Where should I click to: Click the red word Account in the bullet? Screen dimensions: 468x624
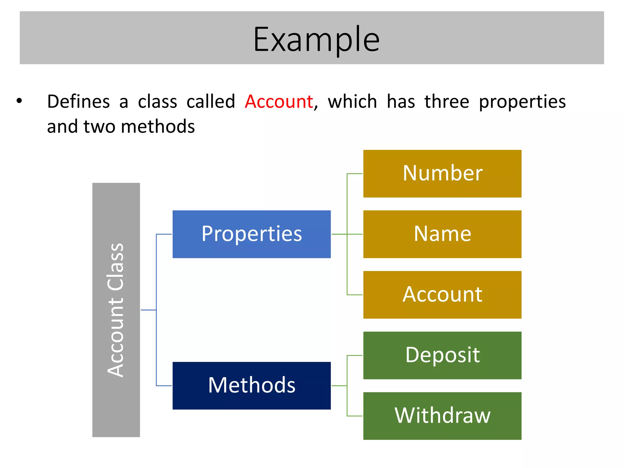click(x=279, y=101)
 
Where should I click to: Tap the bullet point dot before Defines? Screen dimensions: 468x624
click(x=19, y=101)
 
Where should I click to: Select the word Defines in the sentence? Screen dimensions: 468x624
click(x=78, y=101)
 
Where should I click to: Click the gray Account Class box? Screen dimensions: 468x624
click(x=116, y=310)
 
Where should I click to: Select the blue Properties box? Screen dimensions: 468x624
click(x=251, y=234)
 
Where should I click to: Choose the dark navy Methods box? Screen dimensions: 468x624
click(x=251, y=385)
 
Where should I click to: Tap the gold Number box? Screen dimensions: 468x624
click(x=442, y=173)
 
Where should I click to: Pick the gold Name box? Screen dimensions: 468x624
click(x=442, y=234)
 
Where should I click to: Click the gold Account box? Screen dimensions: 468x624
click(x=442, y=295)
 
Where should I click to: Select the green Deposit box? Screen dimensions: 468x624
click(x=442, y=355)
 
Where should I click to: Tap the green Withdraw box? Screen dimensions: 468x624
click(x=442, y=416)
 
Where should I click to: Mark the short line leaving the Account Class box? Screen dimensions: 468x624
click(x=148, y=310)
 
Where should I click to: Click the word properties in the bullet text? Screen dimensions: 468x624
click(x=522, y=102)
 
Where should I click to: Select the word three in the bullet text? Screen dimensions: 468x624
click(x=447, y=101)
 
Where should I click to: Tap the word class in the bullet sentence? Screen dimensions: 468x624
click(x=157, y=101)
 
